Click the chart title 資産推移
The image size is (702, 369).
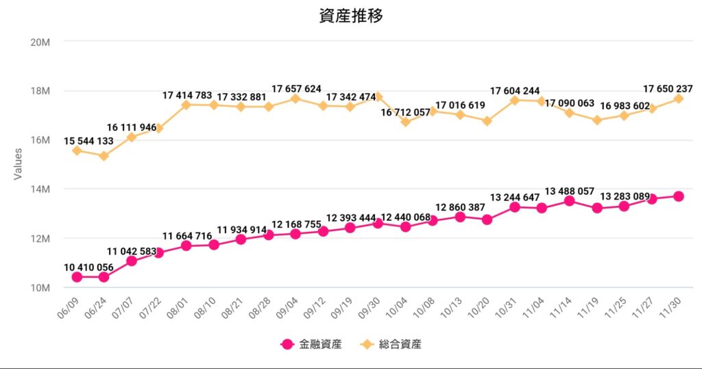pos(350,16)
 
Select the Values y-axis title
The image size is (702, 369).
pos(19,165)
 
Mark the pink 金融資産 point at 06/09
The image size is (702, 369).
pos(77,277)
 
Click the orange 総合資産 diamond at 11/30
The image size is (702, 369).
pos(678,99)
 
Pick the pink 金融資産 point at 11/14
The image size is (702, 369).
pos(569,201)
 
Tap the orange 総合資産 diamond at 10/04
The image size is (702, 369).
pos(405,121)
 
